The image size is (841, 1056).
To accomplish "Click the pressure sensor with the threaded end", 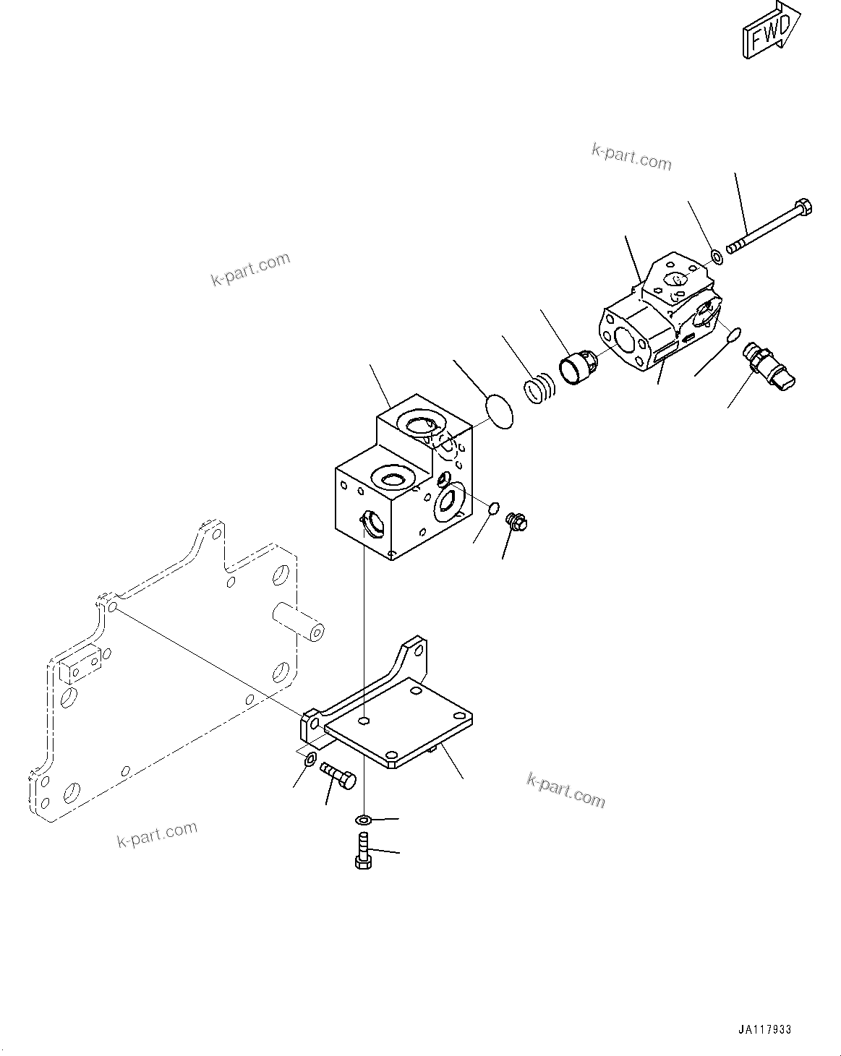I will [768, 366].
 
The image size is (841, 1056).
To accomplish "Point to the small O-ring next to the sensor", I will [732, 334].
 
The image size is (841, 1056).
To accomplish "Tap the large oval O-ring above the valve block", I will [498, 411].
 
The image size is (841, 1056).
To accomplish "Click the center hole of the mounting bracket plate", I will [364, 720].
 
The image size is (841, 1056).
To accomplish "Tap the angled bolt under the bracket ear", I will [336, 777].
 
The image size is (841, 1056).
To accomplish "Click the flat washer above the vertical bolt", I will [363, 819].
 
